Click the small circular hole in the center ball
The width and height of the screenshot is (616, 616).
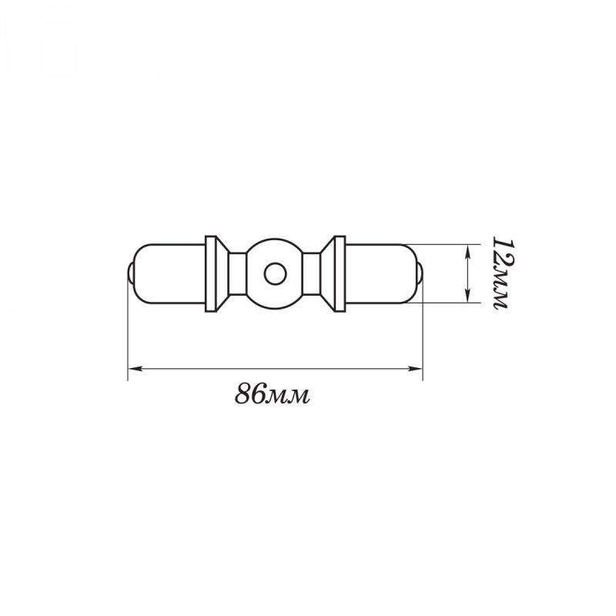(x=275, y=274)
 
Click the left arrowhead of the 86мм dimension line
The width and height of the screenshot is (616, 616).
(x=136, y=369)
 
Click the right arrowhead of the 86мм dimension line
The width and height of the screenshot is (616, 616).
(x=415, y=369)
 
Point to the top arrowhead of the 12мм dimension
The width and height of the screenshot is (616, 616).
(x=467, y=252)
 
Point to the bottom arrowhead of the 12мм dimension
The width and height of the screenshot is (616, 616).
(x=467, y=296)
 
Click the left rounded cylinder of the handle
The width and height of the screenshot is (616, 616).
(x=169, y=274)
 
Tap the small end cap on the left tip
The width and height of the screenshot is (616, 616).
(x=130, y=273)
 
